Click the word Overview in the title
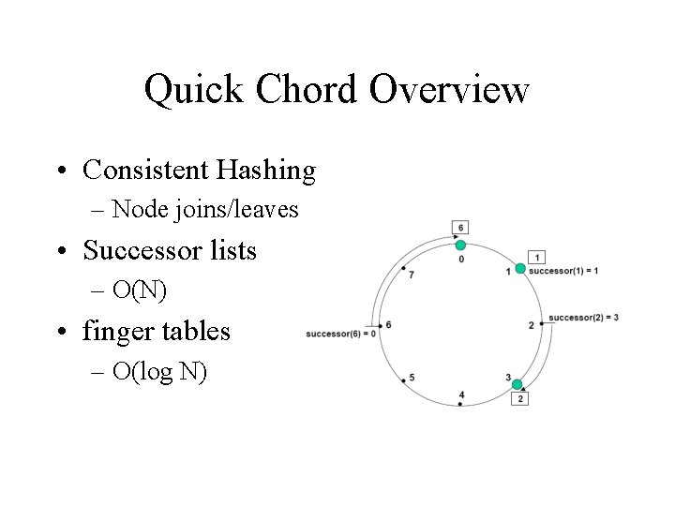coord(449,90)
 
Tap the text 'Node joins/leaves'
coord(204,209)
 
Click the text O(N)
coord(140,290)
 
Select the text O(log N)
coord(159,371)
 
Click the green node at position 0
coord(460,246)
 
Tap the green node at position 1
coord(520,269)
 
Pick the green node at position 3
coord(517,384)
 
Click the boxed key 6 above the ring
coord(460,228)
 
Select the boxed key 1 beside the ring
coord(536,257)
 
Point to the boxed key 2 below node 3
coord(520,398)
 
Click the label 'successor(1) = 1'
coord(563,271)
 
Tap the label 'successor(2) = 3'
coord(583,318)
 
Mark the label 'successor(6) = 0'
coord(340,334)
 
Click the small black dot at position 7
coord(404,269)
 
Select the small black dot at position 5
coord(404,380)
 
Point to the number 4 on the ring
coord(461,394)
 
